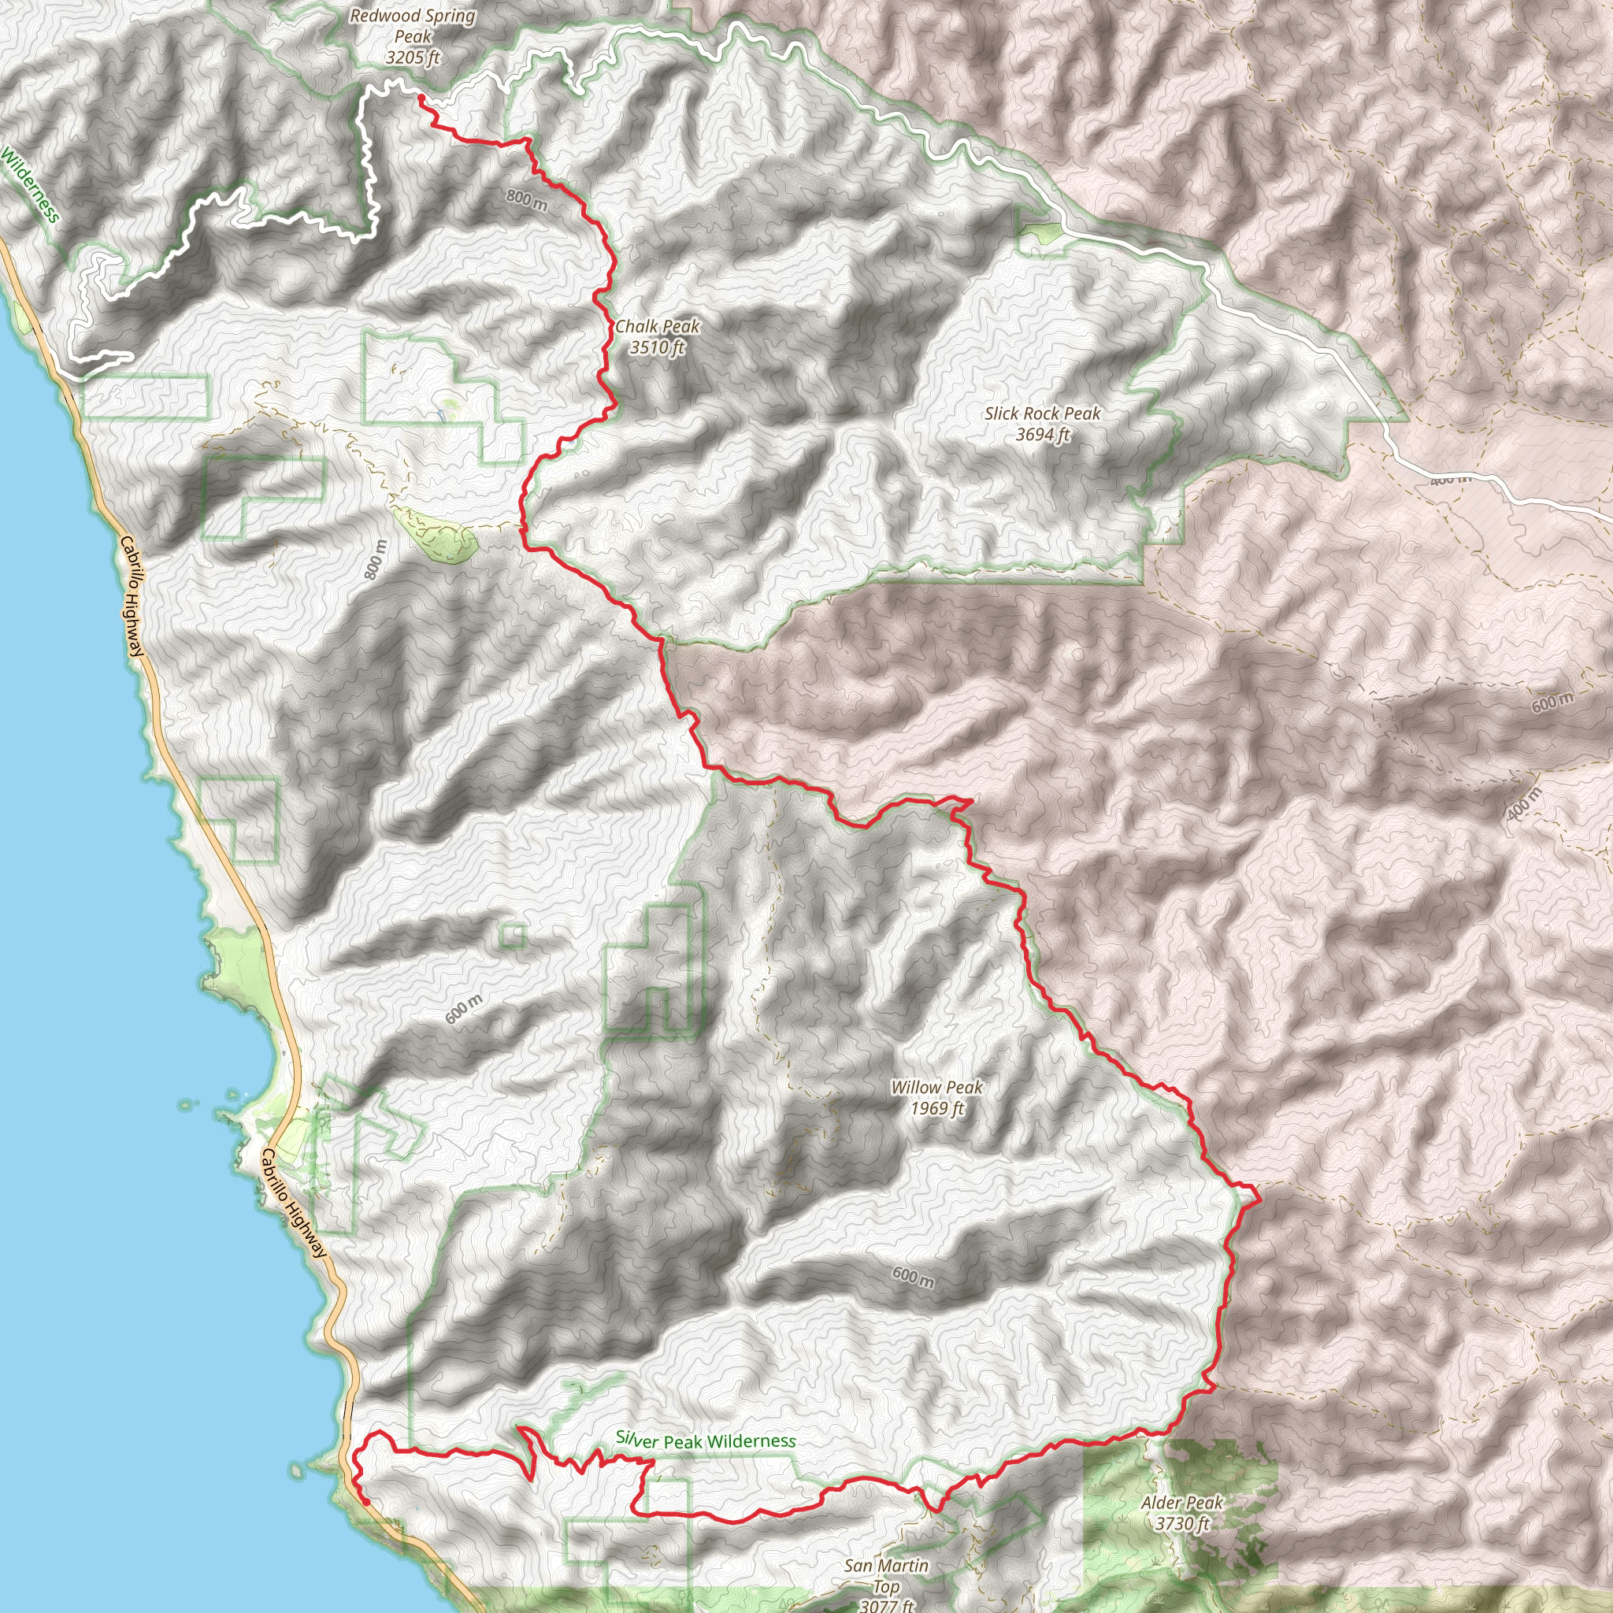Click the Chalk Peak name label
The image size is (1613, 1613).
(657, 326)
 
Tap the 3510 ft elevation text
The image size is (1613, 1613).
(657, 347)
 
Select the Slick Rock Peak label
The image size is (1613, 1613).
(1042, 413)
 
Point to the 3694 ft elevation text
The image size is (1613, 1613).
(1042, 434)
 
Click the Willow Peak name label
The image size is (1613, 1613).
(936, 1087)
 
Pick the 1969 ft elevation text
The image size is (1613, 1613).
(936, 1109)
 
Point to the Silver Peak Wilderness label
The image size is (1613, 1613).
(706, 1441)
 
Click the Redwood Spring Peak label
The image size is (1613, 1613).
(413, 26)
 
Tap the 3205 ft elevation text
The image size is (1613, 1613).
(413, 57)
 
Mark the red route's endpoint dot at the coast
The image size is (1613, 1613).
(366, 1502)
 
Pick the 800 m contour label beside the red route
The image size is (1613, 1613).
(527, 199)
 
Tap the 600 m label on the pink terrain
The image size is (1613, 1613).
(1552, 703)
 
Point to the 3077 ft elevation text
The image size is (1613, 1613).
(886, 1605)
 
